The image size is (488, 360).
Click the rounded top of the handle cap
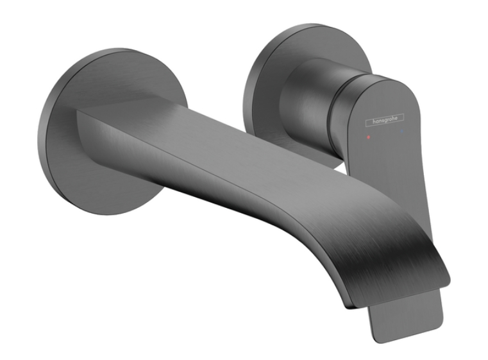(x=385, y=83)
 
